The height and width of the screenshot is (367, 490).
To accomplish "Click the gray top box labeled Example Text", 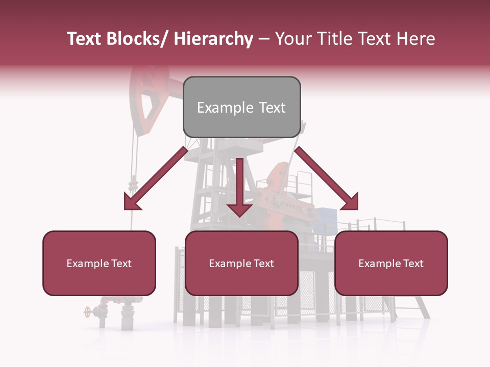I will pyautogui.click(x=241, y=107).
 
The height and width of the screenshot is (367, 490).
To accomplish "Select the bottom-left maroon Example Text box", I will pyautogui.click(x=99, y=263).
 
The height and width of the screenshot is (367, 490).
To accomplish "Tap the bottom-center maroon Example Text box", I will pyautogui.click(x=241, y=263).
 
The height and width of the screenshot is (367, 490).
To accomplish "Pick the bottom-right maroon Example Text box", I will pyautogui.click(x=391, y=263).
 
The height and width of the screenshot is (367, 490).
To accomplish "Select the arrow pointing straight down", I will pyautogui.click(x=239, y=189).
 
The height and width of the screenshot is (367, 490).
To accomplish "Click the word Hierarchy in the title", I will pyautogui.click(x=213, y=39).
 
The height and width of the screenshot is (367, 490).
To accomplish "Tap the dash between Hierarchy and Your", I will pyautogui.click(x=264, y=39).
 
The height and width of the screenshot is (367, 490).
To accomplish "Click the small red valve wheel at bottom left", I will pyautogui.click(x=87, y=311).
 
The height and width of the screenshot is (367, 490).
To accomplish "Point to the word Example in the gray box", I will pyautogui.click(x=225, y=108).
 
